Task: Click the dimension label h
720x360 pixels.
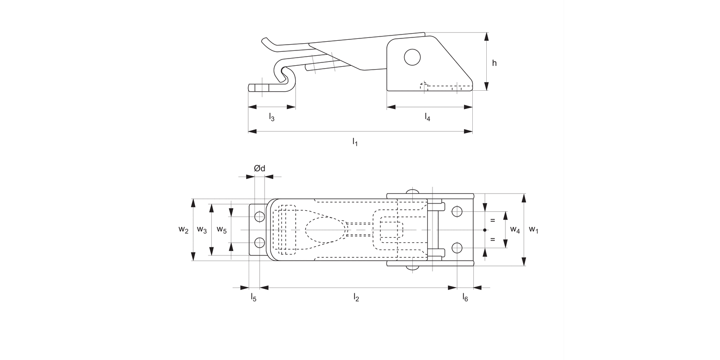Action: pyautogui.click(x=494, y=63)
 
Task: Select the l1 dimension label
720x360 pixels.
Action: pyautogui.click(x=355, y=142)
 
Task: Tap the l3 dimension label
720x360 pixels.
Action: pyautogui.click(x=272, y=117)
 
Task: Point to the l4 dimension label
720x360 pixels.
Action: pyautogui.click(x=427, y=117)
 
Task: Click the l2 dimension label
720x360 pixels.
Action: pyautogui.click(x=356, y=298)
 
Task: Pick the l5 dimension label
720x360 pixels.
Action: pyautogui.click(x=253, y=298)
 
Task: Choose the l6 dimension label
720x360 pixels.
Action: pyautogui.click(x=465, y=298)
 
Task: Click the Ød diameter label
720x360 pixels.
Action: pyautogui.click(x=259, y=168)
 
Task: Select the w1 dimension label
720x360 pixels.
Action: pyautogui.click(x=533, y=230)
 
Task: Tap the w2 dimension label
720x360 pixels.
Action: pyautogui.click(x=183, y=230)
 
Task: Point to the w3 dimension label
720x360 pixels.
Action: pyautogui.click(x=202, y=230)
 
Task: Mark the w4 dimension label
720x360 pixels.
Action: pyautogui.click(x=515, y=230)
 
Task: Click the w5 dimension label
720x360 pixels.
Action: pyautogui.click(x=221, y=230)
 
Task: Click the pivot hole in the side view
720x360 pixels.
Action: pyautogui.click(x=412, y=57)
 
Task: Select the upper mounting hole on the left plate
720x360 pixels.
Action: pyautogui.click(x=260, y=216)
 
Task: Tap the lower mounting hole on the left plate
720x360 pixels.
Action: pyautogui.click(x=260, y=242)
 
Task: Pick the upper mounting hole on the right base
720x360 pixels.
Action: pyautogui.click(x=457, y=211)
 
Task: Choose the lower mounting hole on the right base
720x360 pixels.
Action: pyautogui.click(x=457, y=248)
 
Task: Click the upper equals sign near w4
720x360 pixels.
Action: pyautogui.click(x=492, y=220)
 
